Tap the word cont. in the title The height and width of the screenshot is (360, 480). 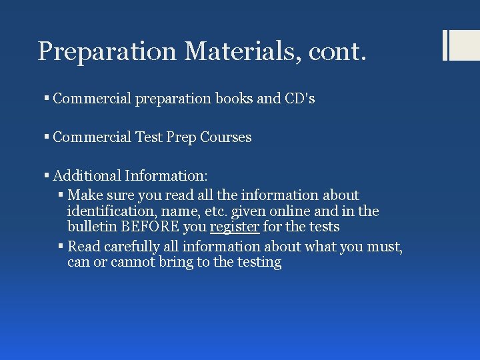pos(337,51)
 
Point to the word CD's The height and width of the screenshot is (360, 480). pos(299,99)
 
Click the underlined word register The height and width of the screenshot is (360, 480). pos(235,227)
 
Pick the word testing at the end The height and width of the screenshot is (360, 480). pos(256,263)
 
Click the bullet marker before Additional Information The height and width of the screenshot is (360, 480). pos(47,176)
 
